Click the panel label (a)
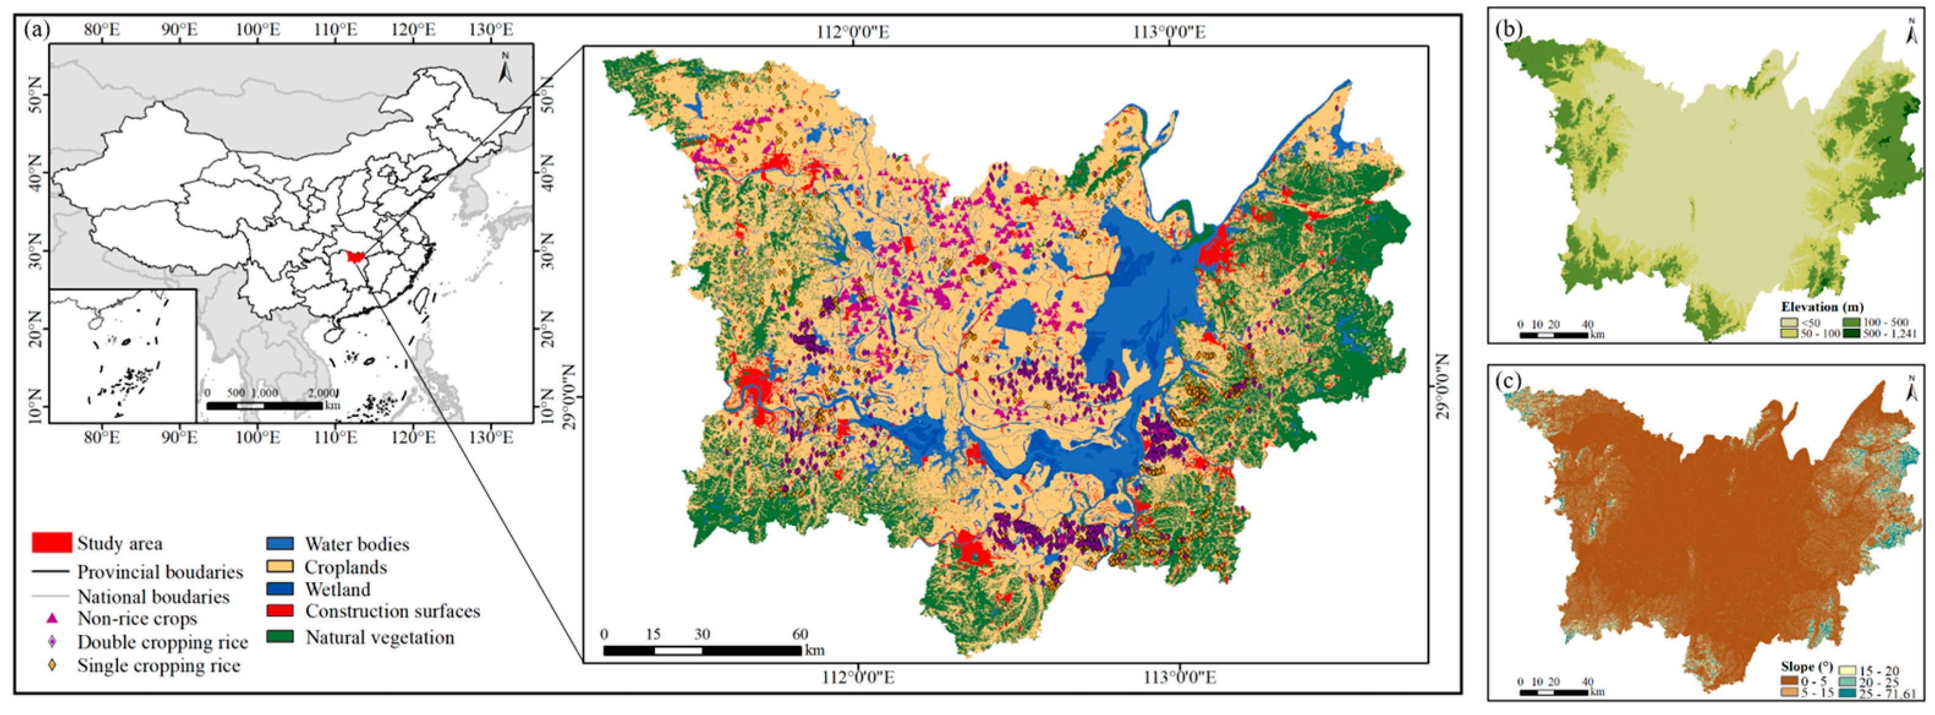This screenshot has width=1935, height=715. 36,30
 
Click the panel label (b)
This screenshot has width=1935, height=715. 1508,29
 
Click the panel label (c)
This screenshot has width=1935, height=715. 1508,382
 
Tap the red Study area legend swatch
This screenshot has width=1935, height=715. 52,543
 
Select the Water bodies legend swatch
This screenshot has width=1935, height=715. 280,544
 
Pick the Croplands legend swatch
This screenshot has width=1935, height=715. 280,567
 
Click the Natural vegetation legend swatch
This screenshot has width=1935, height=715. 280,637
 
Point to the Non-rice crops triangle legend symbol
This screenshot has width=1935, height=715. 52,619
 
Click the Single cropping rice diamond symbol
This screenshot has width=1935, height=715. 52,665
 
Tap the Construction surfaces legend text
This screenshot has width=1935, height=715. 392,612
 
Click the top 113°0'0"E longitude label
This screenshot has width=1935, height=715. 1169,32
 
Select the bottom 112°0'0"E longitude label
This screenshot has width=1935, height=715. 857,678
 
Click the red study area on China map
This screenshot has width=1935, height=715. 355,258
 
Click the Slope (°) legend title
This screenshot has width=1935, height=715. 1807,667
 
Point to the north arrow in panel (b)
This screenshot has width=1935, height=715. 1911,32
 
